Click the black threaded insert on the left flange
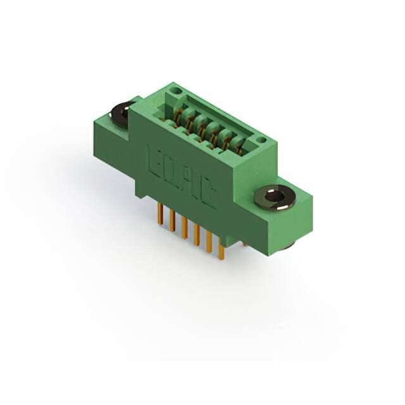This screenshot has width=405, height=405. click(121, 112)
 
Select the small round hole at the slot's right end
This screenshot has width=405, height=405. click(261, 139)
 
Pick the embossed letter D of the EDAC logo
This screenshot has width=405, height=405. click(170, 170)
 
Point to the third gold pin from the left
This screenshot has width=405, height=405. click(184, 228)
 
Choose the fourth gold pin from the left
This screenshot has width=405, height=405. click(197, 235)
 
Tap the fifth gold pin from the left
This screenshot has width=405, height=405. click(209, 243)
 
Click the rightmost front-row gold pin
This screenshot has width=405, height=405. click(221, 251)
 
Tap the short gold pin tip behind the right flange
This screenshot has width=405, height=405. click(244, 243)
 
